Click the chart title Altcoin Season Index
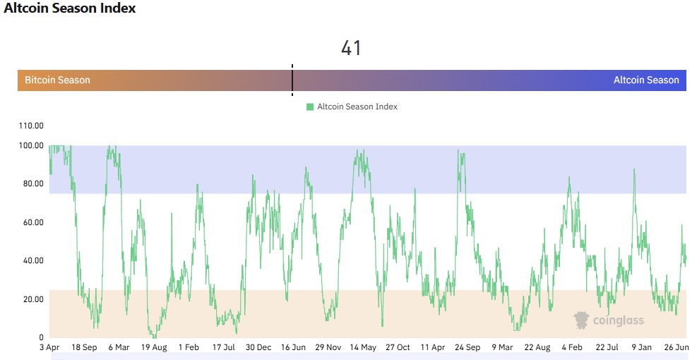point(70,9)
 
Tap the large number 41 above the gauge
point(351,48)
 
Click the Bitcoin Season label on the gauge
point(57,80)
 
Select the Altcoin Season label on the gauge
point(645,80)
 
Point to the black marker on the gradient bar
point(292,79)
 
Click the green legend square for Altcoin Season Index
point(310,107)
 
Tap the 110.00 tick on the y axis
point(30,126)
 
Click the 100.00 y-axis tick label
point(30,145)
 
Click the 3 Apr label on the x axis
point(49,347)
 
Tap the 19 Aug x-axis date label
point(153,347)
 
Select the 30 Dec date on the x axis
point(258,347)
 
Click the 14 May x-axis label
point(363,347)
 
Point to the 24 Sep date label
point(467,347)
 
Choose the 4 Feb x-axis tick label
point(572,347)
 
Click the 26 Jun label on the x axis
point(676,347)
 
